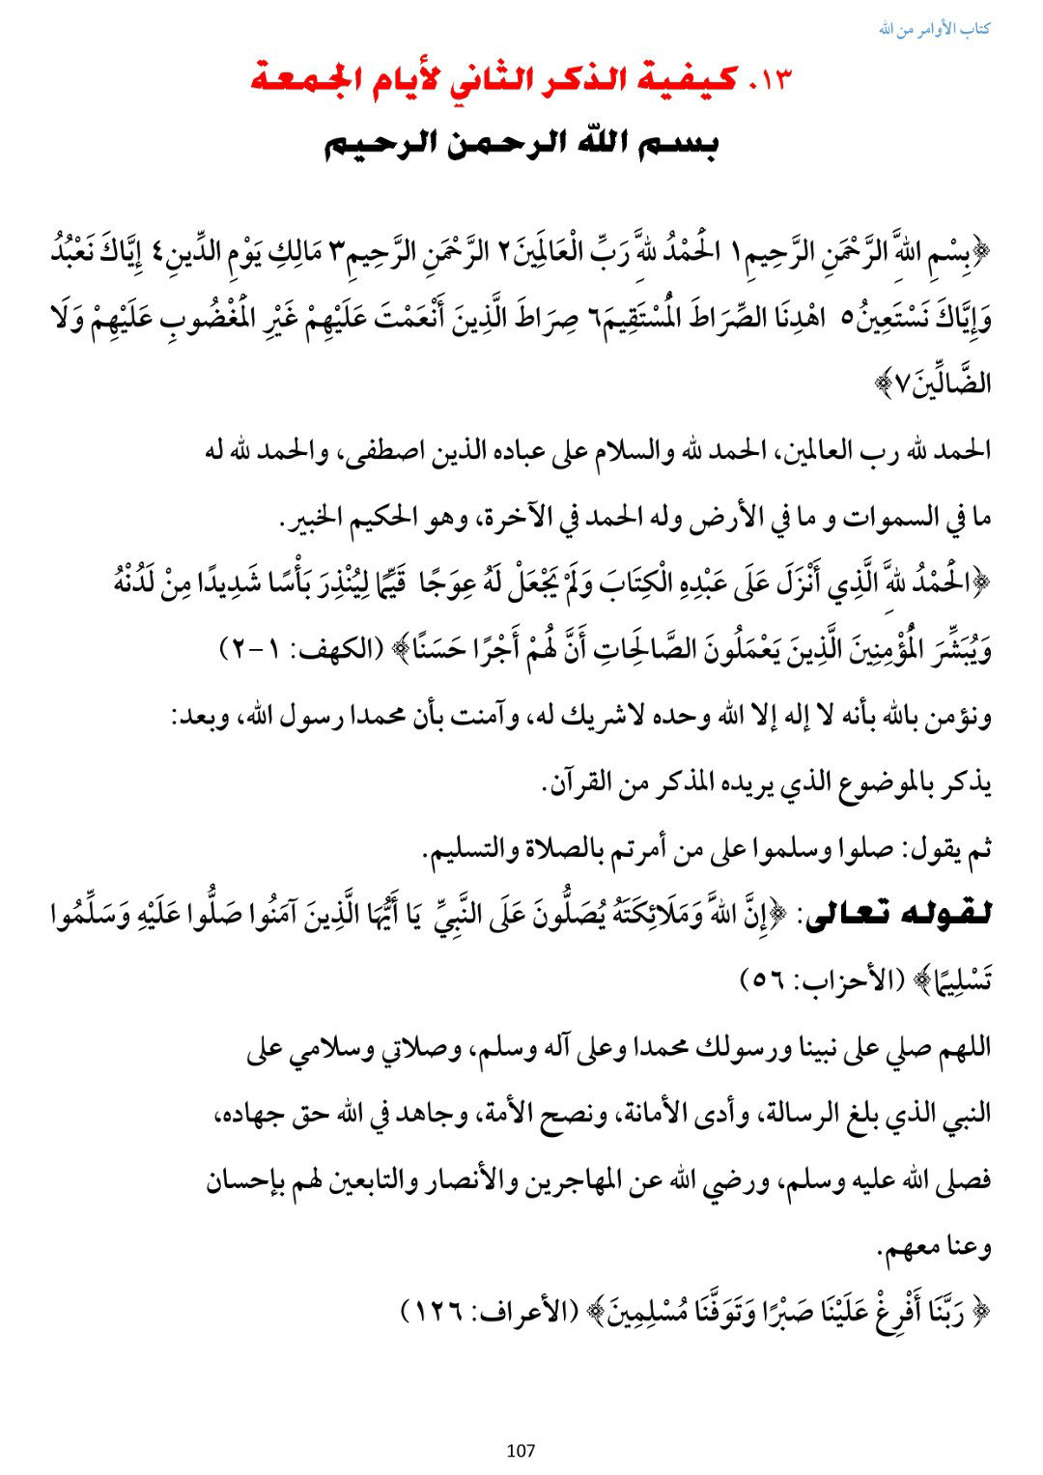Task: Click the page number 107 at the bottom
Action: coord(521,1449)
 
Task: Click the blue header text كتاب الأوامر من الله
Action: coord(934,29)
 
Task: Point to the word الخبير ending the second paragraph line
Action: coord(311,519)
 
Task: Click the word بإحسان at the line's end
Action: coord(247,1181)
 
